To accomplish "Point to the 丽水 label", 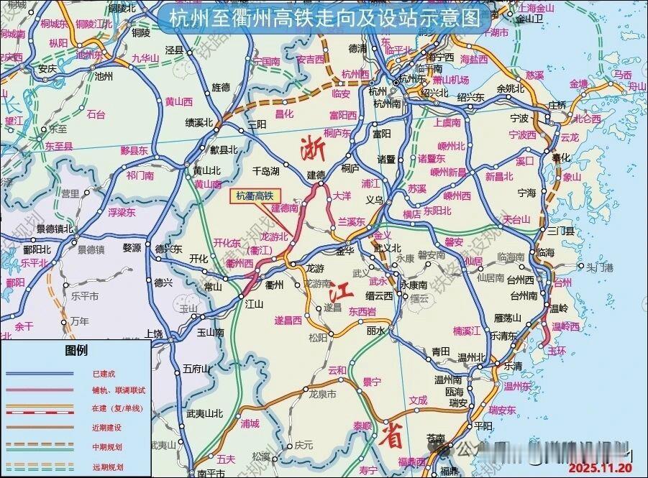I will click(x=375, y=331).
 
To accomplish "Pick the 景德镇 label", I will click(x=91, y=249).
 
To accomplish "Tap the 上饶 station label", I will click(x=153, y=334).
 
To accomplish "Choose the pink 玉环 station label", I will click(x=557, y=351).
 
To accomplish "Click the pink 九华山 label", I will click(x=144, y=59).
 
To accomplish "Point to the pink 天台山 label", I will click(x=516, y=219).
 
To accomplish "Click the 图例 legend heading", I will click(x=76, y=351).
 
